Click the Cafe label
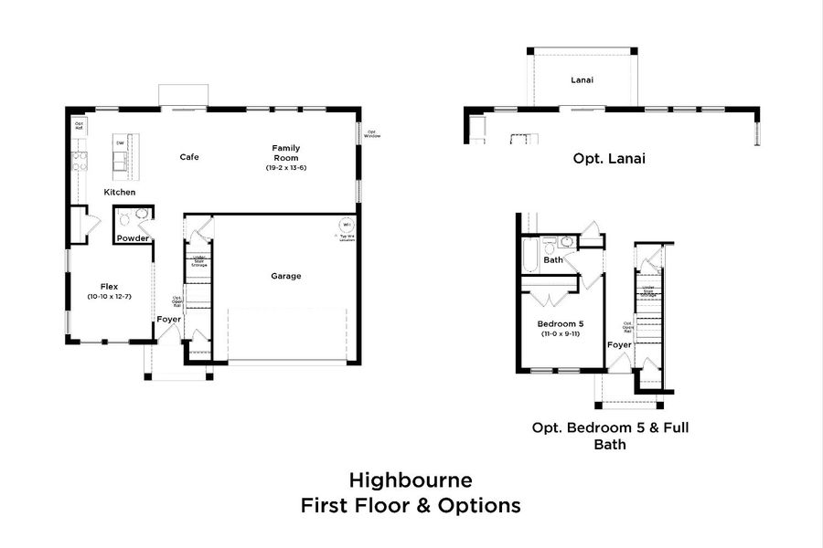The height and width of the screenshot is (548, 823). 189,157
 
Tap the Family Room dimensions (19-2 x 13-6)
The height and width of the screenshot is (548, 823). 286,168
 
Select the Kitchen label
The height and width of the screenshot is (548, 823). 120,192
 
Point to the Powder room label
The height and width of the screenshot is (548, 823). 133,238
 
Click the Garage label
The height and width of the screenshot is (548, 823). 285,276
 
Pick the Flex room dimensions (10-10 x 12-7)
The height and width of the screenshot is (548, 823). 110,297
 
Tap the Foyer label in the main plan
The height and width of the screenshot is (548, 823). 168,320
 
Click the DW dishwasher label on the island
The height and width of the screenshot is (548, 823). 120,142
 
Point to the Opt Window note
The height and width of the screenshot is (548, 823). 372,133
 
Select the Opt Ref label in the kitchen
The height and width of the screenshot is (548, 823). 79,126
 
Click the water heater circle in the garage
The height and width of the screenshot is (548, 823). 346,225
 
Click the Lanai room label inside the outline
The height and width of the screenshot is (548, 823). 583,80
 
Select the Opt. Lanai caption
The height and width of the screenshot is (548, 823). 609,158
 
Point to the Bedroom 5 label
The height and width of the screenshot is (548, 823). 561,322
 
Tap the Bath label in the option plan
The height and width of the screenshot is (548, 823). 553,260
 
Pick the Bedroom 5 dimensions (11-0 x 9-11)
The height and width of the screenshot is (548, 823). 561,333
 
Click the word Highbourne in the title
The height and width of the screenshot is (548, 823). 410,479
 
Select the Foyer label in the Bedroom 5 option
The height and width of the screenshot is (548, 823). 619,345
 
